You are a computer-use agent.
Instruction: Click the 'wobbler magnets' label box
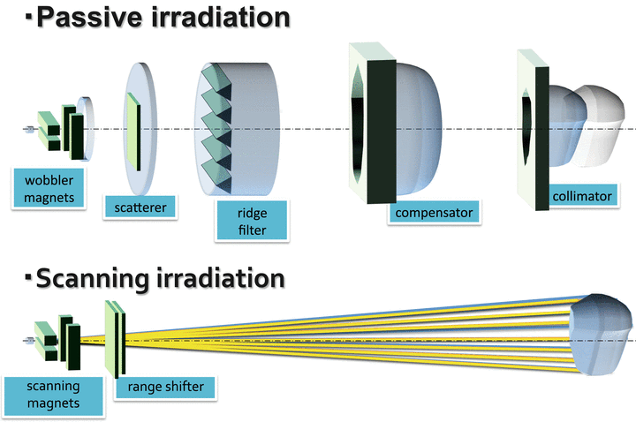49,186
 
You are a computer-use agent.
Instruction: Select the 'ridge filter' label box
253,220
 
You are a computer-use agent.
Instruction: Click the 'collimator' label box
580,196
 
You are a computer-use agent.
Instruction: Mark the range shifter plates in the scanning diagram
116,340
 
